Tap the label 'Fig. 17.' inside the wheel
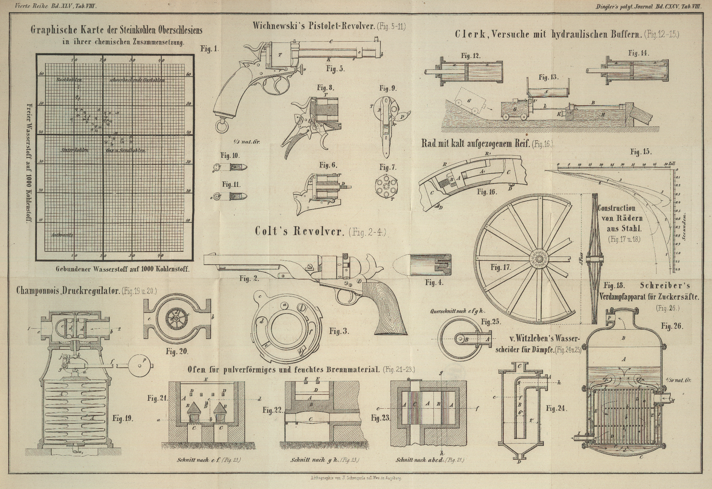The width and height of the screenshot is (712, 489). (500, 268)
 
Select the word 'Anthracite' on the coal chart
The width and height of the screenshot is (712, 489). (62, 235)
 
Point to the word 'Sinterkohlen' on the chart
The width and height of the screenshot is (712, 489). (74, 150)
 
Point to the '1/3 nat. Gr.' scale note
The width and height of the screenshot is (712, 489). (246, 142)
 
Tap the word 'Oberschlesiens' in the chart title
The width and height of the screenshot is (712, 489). (177, 31)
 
